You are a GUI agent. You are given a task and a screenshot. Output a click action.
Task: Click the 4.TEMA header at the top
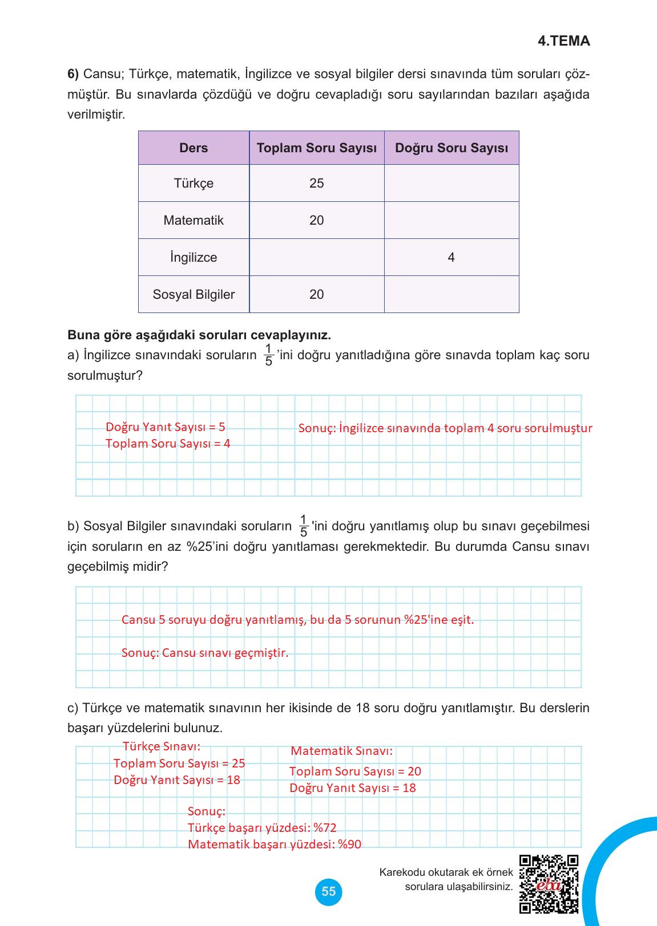pos(563,41)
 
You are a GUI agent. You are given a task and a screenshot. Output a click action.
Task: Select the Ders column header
pos(194,148)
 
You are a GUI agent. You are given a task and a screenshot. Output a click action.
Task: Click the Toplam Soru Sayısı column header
pos(316,148)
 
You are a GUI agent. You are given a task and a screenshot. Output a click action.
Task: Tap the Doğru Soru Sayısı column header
pos(451,148)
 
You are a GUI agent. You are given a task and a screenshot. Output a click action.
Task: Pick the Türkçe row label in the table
pos(194,184)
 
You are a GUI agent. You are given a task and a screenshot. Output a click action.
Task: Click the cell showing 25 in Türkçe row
pos(316,184)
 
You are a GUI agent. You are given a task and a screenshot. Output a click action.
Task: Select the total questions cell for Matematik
pos(316,221)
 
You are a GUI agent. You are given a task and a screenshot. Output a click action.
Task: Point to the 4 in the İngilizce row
pos(451,258)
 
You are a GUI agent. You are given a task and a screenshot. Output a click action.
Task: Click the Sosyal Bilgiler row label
pos(194,295)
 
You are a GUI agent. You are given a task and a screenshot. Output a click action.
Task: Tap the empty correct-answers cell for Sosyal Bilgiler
pos(451,295)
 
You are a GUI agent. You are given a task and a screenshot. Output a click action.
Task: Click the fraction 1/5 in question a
pos(268,355)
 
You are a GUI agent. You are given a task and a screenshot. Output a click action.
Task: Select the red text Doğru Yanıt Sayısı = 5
pos(166,427)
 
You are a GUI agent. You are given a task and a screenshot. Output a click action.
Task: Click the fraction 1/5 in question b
pos(303,526)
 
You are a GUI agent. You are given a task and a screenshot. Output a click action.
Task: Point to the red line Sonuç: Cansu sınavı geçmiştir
pos(205,653)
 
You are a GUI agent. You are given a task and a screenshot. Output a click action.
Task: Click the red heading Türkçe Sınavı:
pos(162,746)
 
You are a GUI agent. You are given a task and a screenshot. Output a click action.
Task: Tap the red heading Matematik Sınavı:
pos(341,751)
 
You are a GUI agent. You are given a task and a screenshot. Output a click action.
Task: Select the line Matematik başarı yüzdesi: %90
pos(275,844)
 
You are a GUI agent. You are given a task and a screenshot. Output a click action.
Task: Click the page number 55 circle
pos(329,891)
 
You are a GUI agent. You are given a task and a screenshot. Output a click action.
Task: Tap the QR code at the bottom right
pos(549,884)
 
